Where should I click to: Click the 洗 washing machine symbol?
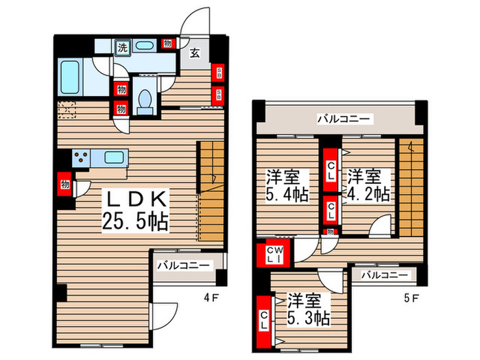click(122, 47)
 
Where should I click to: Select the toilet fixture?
click(144, 101)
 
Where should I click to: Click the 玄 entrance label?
click(195, 52)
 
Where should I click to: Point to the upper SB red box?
click(218, 71)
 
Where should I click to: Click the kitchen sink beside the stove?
click(113, 157)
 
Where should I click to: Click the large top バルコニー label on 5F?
click(344, 119)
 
